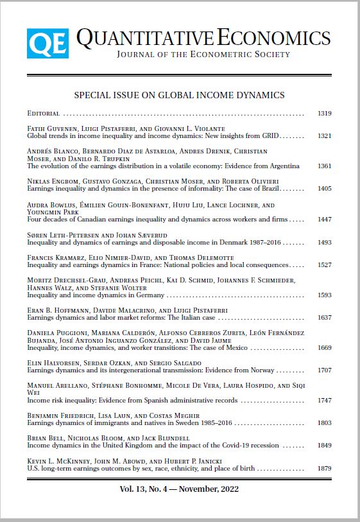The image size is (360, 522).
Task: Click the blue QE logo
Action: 47,44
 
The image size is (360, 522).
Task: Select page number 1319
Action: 324,114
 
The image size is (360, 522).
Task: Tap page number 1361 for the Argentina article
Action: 324,166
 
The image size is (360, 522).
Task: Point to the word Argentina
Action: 283,166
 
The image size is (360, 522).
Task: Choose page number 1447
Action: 324,220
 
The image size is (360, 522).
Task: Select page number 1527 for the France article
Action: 324,265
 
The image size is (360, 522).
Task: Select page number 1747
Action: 324,400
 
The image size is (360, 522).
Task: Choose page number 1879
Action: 324,468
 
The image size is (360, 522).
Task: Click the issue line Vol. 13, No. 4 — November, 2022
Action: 179,488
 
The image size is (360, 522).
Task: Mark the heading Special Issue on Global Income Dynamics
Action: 179,95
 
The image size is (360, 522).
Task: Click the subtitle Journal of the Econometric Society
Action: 203,55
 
